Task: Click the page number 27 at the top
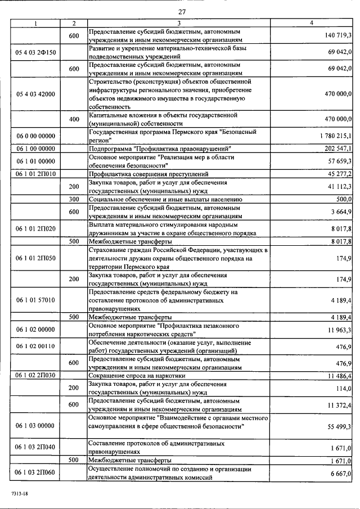coord(182,12)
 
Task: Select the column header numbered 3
coord(178,23)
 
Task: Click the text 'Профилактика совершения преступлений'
coord(148,174)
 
